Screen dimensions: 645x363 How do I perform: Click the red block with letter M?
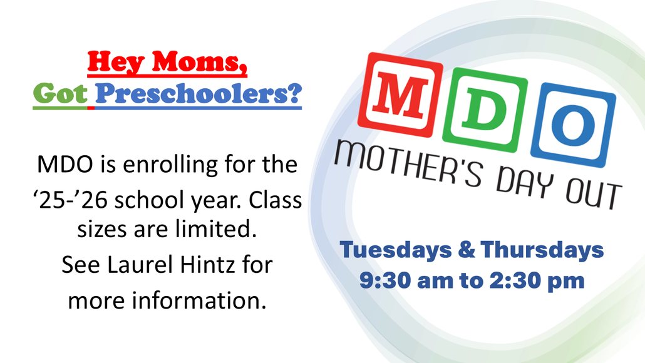pos(400,95)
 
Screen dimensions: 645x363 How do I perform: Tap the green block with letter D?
pos(485,110)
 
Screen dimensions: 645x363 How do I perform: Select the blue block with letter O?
pos(573,125)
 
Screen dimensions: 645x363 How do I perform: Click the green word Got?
pos(60,94)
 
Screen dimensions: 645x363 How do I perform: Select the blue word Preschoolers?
pos(199,95)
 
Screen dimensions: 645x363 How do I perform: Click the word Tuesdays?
pos(396,250)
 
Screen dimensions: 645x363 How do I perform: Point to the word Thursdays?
pos(542,250)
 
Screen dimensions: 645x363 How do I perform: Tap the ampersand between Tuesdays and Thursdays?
pos(466,250)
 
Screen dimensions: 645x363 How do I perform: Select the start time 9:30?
pos(385,280)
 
